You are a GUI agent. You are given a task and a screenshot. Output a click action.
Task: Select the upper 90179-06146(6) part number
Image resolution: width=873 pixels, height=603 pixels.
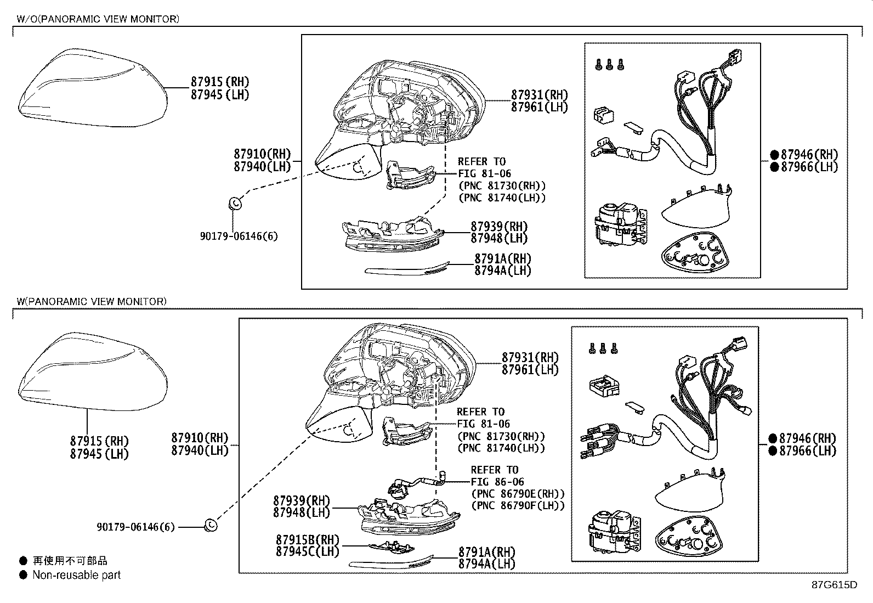pos(239,236)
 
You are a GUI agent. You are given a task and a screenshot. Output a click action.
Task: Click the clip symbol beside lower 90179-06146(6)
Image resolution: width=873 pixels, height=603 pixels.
pos(211,525)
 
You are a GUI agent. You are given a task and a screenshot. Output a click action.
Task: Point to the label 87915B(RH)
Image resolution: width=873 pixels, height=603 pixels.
pos(307,540)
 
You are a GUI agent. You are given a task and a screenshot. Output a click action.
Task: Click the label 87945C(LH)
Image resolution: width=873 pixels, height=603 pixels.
pos(307,552)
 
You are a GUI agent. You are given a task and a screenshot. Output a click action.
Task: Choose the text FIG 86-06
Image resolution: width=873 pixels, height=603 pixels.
pos(497,482)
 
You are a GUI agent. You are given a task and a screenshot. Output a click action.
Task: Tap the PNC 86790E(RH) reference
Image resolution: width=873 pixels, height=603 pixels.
pos(517,494)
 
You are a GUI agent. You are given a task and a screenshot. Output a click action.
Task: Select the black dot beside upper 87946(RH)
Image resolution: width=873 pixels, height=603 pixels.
pos(774,155)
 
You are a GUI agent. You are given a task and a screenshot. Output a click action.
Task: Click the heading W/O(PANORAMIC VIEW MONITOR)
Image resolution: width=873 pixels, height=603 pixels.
pos(98,19)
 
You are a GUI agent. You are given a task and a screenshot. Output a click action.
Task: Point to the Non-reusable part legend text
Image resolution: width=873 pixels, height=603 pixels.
pos(76,575)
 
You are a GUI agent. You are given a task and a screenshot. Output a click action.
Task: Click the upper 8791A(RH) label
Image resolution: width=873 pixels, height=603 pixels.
pos(502,258)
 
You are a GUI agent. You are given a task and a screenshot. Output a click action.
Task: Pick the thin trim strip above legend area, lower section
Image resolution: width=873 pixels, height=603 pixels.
pos(391,562)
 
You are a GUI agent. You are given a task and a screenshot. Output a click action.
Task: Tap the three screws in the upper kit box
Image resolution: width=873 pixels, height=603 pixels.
pos(609,65)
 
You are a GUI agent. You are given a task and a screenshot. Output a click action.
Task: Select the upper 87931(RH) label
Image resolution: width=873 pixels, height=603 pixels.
pos(539,95)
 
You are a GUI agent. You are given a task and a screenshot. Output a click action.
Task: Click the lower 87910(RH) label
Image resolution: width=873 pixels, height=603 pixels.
pos(200,438)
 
